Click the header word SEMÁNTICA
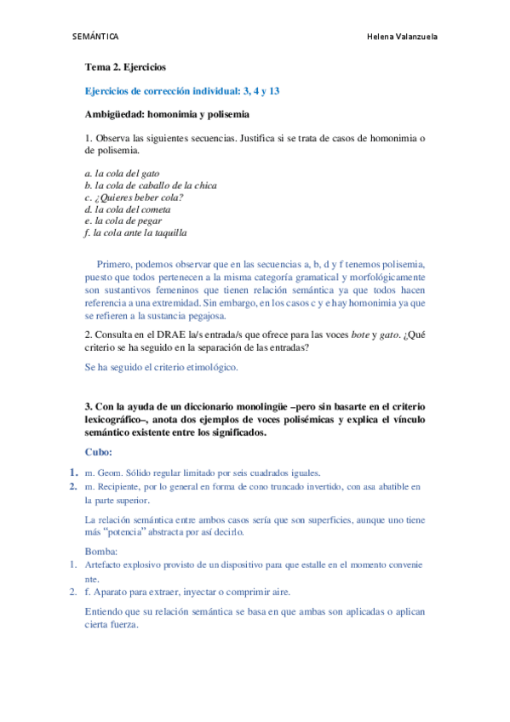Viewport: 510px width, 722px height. coord(95,37)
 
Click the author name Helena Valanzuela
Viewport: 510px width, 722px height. coord(401,37)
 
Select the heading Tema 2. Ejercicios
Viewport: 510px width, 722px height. coord(125,66)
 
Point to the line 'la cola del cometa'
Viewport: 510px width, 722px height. coord(128,209)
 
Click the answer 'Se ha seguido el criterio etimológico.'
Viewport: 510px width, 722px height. coord(161,367)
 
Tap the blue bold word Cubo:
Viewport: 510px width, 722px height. coord(99,451)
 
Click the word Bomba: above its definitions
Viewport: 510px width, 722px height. coord(102,551)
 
